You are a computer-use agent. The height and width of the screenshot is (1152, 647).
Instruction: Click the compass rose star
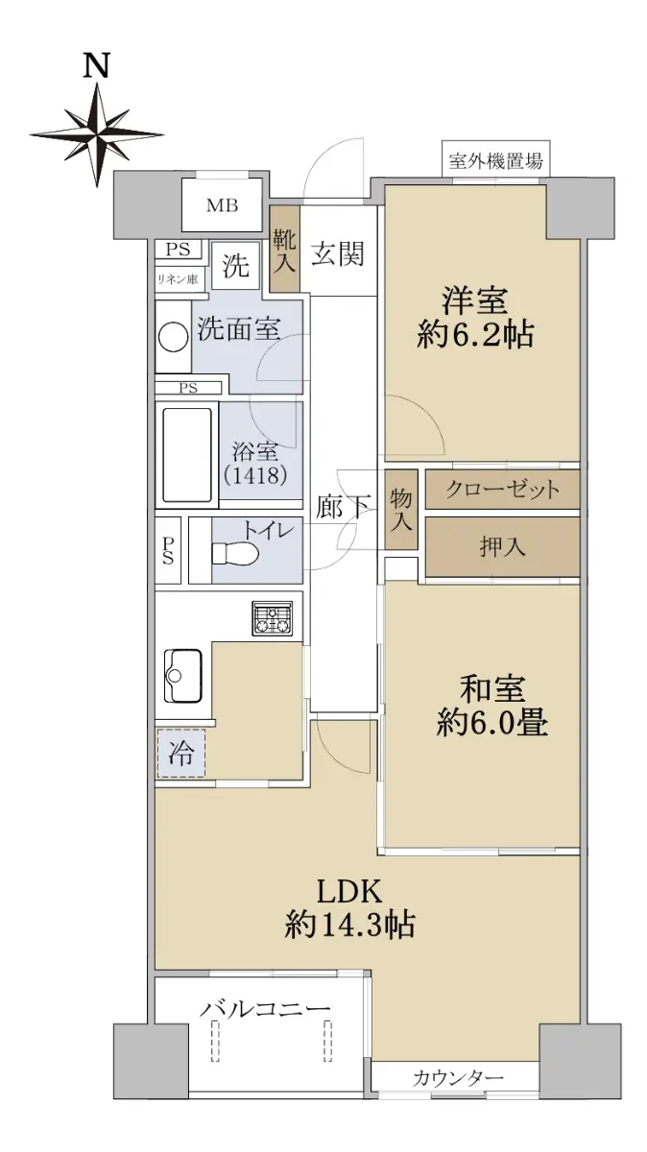[97, 135]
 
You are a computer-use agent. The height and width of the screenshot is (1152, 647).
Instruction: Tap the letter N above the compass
[97, 66]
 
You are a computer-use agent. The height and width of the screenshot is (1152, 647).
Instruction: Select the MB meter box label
[222, 205]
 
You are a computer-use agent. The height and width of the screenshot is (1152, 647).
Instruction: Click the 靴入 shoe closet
[284, 249]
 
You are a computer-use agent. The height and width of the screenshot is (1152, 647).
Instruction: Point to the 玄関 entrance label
[338, 254]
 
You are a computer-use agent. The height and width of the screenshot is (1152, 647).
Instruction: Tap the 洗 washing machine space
[236, 266]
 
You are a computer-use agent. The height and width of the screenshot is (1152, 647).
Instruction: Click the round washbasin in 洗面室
[173, 337]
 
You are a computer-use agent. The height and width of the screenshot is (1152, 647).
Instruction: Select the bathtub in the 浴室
[187, 455]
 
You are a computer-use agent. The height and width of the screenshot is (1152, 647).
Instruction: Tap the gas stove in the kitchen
[272, 617]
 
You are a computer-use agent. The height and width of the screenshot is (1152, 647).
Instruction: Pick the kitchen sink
[182, 676]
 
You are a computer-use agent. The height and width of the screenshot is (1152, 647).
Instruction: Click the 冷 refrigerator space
[181, 753]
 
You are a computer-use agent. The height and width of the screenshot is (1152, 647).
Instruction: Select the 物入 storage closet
[401, 509]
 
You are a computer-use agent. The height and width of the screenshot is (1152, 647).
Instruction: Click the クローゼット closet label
[502, 489]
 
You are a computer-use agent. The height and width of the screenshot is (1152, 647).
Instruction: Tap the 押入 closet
[502, 546]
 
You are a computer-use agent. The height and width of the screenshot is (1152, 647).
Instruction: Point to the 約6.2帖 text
[475, 335]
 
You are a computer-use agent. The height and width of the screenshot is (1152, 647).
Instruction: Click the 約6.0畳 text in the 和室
[492, 722]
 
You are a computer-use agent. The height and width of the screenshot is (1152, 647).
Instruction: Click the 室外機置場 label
[495, 161]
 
